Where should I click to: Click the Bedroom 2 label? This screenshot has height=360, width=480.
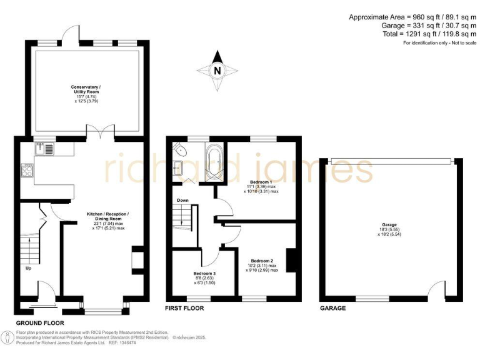coord(261,263)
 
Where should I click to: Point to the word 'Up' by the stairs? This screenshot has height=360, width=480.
coord(28,269)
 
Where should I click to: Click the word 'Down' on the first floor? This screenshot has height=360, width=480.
coord(182,201)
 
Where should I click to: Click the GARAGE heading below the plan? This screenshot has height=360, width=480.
coord(332,309)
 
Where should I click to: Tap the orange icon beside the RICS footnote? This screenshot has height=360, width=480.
coord(7,337)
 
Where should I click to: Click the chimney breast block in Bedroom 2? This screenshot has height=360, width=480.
coord(289,259)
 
